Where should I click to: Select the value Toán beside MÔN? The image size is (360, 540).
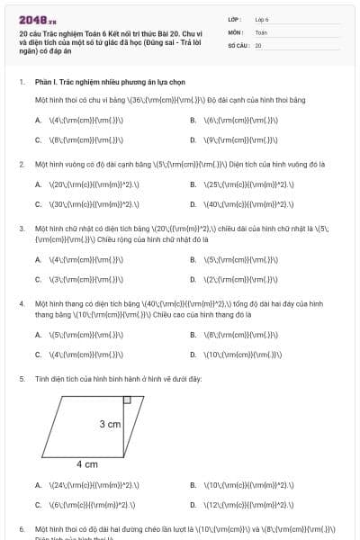click(x=261, y=31)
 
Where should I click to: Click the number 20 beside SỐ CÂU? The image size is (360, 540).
click(x=258, y=44)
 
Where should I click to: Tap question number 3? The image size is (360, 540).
click(x=21, y=229)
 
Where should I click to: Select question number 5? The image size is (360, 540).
click(x=21, y=379)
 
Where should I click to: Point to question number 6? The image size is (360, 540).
click(x=21, y=528)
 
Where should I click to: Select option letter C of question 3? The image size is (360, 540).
click(x=38, y=279)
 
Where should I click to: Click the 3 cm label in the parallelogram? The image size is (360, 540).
click(x=110, y=424)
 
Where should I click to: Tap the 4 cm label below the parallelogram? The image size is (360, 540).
click(x=86, y=464)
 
